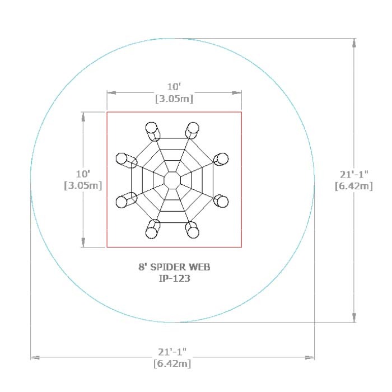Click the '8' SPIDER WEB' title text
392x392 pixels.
click(x=174, y=267)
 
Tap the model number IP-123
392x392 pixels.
click(x=175, y=278)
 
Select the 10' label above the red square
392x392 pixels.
click(x=174, y=87)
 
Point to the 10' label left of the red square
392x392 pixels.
click(x=83, y=174)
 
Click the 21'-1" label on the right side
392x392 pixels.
click(x=354, y=174)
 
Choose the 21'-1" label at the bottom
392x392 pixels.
click(x=172, y=352)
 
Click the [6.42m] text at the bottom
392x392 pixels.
click(x=172, y=363)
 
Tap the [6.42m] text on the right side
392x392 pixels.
click(x=354, y=186)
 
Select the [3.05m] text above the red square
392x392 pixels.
click(x=174, y=99)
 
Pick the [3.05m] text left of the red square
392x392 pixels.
click(x=83, y=185)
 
